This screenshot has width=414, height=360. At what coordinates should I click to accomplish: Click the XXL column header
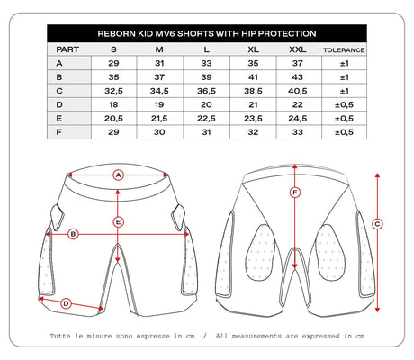tap(298, 49)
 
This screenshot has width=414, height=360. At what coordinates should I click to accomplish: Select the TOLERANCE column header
tap(344, 50)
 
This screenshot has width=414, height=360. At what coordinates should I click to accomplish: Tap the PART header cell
tap(67, 49)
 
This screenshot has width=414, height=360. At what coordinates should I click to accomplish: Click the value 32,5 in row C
tap(113, 91)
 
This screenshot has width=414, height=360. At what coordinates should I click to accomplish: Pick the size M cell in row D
tap(159, 104)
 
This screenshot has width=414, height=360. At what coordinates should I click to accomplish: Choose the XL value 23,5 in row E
tap(253, 119)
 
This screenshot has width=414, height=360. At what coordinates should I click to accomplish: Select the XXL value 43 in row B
tap(298, 77)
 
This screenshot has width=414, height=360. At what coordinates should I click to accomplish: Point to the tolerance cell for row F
tap(344, 132)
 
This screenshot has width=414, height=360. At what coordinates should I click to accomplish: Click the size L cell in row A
tap(206, 63)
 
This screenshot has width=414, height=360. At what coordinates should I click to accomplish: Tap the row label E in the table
tap(59, 119)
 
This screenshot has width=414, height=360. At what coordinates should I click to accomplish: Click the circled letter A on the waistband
tap(119, 175)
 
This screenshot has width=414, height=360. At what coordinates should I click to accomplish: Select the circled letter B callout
tap(73, 234)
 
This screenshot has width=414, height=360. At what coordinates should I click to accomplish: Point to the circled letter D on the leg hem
tap(66, 303)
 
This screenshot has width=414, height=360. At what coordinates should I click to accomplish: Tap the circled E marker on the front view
tap(118, 222)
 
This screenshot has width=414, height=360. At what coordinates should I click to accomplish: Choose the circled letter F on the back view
tap(295, 193)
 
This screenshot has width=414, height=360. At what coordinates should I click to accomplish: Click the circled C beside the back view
tap(377, 224)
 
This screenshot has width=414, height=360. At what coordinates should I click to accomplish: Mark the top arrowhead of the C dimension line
tap(377, 175)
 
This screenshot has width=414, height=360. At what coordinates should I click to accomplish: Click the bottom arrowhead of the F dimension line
tap(295, 266)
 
